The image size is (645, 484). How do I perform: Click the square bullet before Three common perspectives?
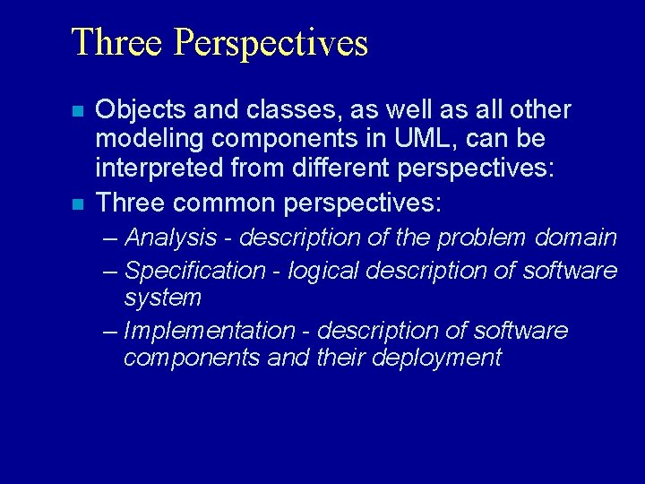[78, 204]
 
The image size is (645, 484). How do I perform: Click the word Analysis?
[170, 238]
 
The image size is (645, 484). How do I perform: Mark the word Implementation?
[209, 331]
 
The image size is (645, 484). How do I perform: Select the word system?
[163, 297]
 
